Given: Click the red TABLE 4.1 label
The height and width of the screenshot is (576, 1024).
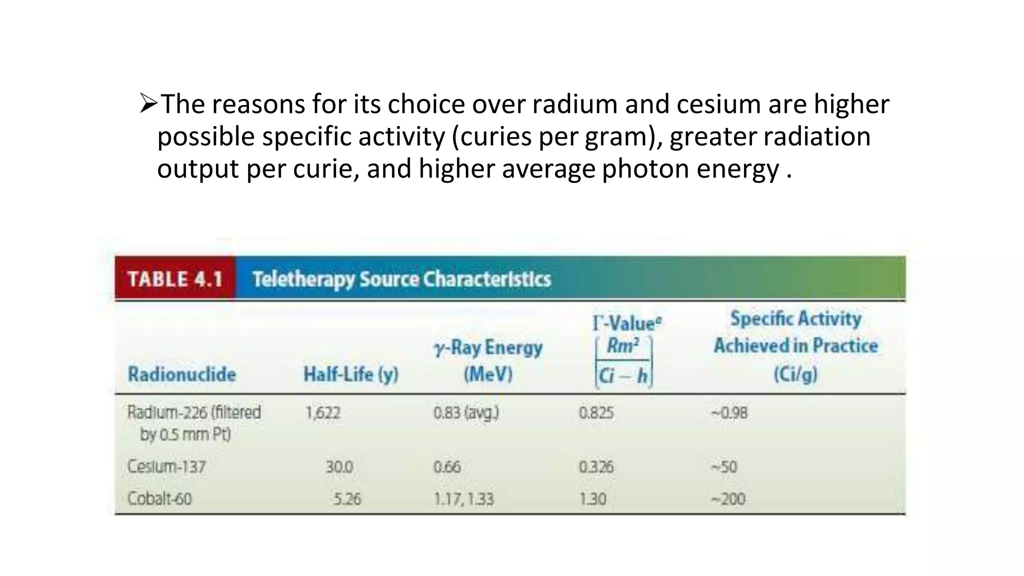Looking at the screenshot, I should pos(175,278).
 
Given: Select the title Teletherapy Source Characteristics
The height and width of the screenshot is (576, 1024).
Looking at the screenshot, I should pos(401,279).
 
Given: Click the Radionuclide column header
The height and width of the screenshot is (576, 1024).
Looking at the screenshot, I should pos(181,374).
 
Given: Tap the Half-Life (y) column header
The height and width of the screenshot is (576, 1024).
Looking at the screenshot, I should pos(350,374).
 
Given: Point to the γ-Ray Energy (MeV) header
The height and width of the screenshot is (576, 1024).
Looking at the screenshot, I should pos(488,360).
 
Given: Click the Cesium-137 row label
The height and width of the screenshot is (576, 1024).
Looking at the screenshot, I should pos(166,466).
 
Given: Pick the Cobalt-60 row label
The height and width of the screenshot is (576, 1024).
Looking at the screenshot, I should pos(159,498).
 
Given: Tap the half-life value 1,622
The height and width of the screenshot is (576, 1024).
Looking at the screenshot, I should pos(322,413).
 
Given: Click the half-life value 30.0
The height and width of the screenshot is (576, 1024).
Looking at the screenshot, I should pos(339,467).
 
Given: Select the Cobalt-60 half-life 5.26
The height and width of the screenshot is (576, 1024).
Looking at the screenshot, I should pos(347,499).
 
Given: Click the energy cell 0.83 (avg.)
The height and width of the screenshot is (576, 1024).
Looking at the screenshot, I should pos(465,413).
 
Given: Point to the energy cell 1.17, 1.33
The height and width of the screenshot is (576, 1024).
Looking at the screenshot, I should pos(463,499).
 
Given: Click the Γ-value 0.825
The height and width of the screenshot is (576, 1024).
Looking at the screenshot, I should pos(596,413).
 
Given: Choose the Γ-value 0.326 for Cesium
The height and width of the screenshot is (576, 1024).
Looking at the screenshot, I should pos(596,467).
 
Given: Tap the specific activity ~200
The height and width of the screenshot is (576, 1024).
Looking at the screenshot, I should pos(728,499).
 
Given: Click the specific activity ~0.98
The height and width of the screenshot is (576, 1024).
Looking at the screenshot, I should pos(729,413).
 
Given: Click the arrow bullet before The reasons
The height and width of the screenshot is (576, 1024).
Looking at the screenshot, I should pos(148,104).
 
